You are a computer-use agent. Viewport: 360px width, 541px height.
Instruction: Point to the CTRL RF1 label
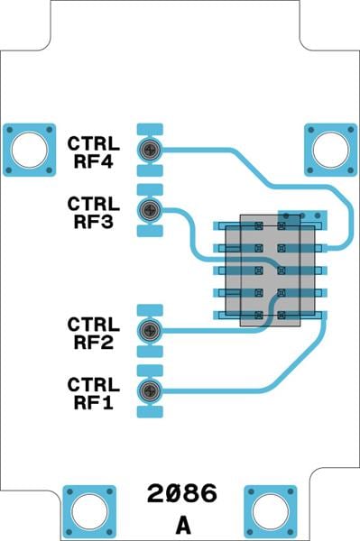pyautogui.click(x=93, y=392)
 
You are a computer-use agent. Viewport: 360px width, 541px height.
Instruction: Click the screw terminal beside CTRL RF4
pyautogui.click(x=150, y=150)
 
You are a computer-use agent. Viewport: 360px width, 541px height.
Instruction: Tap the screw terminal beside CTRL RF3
pyautogui.click(x=150, y=210)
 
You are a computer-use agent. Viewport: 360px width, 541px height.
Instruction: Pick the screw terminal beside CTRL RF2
pyautogui.click(x=150, y=331)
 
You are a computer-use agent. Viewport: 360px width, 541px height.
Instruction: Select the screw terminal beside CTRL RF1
pyautogui.click(x=150, y=390)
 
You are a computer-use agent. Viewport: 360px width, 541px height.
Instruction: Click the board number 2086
pyautogui.click(x=182, y=494)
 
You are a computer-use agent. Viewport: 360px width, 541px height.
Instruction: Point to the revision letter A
pyautogui.click(x=183, y=524)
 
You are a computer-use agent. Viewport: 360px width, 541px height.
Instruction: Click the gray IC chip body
pyautogui.click(x=270, y=269)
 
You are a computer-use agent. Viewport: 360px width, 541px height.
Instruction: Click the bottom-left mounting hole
pyautogui.click(x=89, y=510)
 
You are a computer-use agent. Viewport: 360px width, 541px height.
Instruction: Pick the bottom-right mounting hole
pyautogui.click(x=271, y=510)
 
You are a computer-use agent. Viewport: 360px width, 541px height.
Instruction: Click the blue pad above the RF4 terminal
pyautogui.click(x=150, y=130)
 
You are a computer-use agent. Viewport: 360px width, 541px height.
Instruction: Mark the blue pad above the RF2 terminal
pyautogui.click(x=150, y=311)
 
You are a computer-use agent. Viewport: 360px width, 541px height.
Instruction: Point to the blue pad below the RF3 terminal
pyautogui.click(x=150, y=230)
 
